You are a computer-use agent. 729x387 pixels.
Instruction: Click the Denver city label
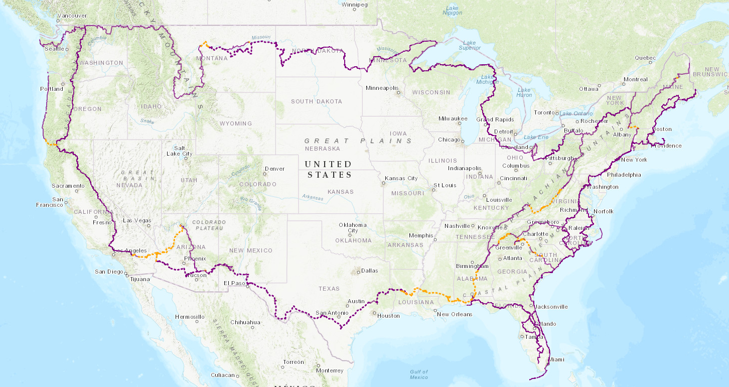274,169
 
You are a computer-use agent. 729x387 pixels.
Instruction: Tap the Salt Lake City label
180,150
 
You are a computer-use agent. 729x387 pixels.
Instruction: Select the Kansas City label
401,178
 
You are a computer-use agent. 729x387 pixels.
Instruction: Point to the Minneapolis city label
381,88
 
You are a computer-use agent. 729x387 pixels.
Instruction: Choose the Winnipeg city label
355,5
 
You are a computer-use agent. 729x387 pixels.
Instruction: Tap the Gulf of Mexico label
418,374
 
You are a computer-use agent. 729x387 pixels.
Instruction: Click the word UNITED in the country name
329,164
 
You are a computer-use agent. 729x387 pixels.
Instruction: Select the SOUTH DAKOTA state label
317,101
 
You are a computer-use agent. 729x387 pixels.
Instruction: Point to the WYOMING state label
236,123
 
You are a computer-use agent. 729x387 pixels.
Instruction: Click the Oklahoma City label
353,227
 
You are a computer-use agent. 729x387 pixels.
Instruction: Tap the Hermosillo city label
190,317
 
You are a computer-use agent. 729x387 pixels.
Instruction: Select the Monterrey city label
330,370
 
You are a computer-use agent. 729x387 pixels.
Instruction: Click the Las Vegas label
137,220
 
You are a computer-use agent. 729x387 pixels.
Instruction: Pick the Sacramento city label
68,186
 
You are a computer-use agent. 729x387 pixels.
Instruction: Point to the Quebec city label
645,58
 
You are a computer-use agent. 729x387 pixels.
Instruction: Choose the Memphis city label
421,235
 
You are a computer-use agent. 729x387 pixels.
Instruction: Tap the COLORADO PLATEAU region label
207,225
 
